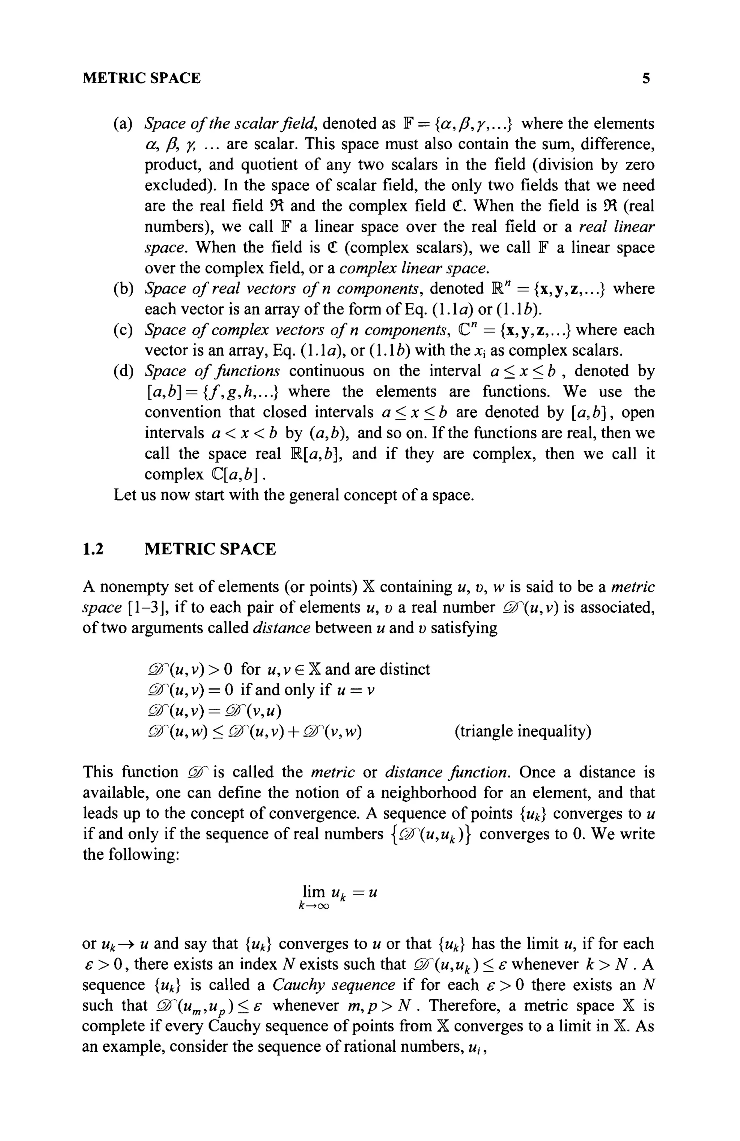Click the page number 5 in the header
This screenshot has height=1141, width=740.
[646, 78]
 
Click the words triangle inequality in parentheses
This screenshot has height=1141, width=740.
[522, 732]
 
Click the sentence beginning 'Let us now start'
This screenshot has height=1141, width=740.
[293, 495]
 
